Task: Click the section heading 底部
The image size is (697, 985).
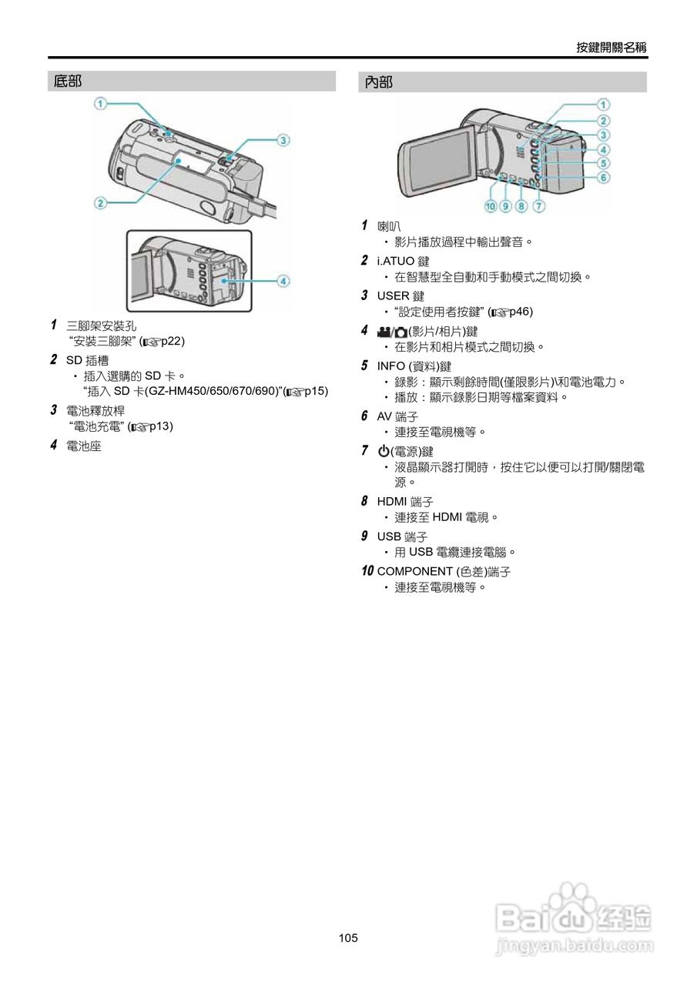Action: (x=68, y=82)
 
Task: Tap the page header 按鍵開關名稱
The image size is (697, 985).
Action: (x=612, y=47)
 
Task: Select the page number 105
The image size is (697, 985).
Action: (x=348, y=937)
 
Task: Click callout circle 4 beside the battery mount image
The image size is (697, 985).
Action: (x=283, y=281)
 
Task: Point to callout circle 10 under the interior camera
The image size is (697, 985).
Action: (x=491, y=205)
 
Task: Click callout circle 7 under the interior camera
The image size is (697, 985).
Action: (x=539, y=205)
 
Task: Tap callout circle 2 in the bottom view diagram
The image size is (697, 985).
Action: (x=100, y=203)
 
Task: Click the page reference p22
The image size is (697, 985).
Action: (x=173, y=340)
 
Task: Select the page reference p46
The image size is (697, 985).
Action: (x=521, y=312)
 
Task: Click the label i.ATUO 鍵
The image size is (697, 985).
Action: (x=404, y=262)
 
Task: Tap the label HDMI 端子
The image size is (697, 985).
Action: (x=405, y=502)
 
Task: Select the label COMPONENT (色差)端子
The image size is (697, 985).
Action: (x=444, y=571)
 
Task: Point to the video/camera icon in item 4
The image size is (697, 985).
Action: (x=391, y=331)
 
